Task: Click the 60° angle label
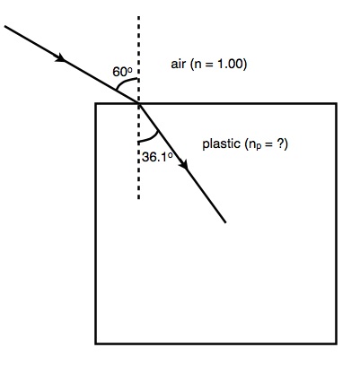tap(122, 72)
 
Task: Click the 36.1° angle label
tap(157, 157)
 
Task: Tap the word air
tap(178, 64)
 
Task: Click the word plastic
tap(222, 144)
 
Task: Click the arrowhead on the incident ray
tap(60, 56)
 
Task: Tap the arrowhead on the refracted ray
tap(184, 164)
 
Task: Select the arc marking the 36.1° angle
tap(151, 138)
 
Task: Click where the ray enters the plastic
tap(139, 103)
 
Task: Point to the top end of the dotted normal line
tap(138, 17)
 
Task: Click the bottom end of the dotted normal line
tap(138, 198)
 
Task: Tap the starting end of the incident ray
tap(5, 27)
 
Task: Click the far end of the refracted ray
tap(225, 222)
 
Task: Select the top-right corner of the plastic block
tap(337, 104)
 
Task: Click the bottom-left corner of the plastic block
tap(96, 343)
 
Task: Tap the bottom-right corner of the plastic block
tap(337, 343)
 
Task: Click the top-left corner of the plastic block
tap(96, 104)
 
